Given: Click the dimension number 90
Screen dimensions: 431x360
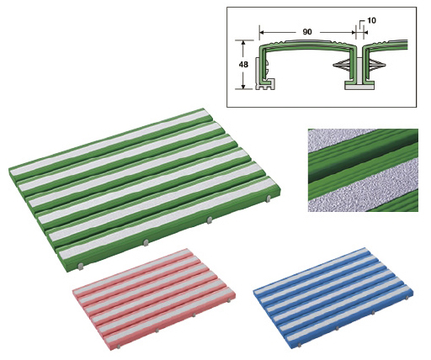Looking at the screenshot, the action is [307, 32].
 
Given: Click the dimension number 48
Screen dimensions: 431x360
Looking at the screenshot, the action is [243, 65].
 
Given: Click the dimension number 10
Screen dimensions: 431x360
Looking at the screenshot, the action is [371, 20].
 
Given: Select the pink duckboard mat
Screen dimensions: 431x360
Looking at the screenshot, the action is [154, 299].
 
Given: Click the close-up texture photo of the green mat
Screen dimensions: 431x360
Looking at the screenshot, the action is [363, 170].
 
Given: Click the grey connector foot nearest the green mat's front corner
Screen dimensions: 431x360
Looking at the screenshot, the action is [81, 267].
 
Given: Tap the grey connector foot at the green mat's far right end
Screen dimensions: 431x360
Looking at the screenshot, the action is [269, 199].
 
